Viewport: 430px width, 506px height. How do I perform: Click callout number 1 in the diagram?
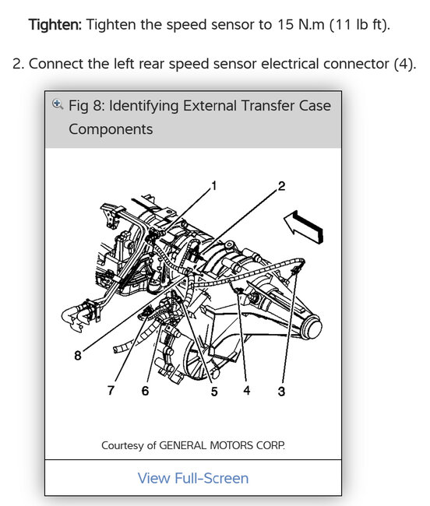(x=213, y=186)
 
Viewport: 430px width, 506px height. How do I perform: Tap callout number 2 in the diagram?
(x=281, y=186)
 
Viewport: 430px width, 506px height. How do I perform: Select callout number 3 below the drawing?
(x=281, y=391)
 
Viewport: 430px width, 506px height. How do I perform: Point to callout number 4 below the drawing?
(x=247, y=391)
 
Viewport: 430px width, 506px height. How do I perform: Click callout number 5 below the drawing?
(x=214, y=392)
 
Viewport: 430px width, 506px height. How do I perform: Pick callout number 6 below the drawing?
(x=145, y=391)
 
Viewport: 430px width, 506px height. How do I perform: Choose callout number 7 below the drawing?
(x=111, y=391)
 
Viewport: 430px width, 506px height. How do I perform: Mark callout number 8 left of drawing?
(x=78, y=356)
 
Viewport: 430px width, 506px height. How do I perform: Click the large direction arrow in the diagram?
(x=304, y=227)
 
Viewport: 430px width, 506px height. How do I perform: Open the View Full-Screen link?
(x=193, y=478)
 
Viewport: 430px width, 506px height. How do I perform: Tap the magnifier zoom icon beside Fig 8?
(x=58, y=104)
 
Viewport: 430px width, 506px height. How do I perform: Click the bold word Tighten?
(x=55, y=25)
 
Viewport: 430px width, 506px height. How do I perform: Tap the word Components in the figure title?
(x=111, y=130)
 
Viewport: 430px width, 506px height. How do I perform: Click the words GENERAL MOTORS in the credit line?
(x=206, y=445)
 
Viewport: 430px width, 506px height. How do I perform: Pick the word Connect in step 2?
(x=56, y=64)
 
